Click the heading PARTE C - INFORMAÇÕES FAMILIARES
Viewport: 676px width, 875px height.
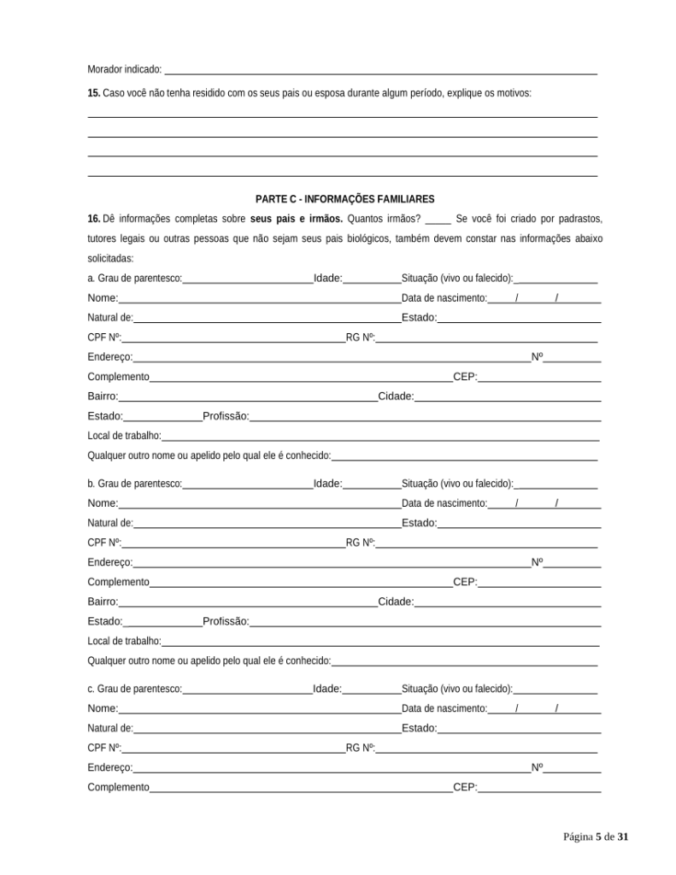(x=344, y=199)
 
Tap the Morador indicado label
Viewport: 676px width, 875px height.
(x=125, y=69)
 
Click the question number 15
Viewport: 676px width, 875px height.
(x=94, y=92)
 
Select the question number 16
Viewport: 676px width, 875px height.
(x=94, y=219)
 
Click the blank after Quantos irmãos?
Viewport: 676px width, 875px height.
(x=438, y=220)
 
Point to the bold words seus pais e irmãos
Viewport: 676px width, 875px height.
(x=297, y=219)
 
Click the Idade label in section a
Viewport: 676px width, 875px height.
(x=327, y=279)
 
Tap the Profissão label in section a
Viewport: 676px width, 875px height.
(x=226, y=416)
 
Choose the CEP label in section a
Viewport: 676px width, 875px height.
(x=465, y=377)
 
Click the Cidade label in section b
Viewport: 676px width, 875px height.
(x=396, y=602)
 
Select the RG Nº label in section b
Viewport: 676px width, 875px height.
(x=360, y=543)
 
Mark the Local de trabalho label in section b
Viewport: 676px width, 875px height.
(x=124, y=641)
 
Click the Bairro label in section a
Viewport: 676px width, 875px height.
(x=103, y=396)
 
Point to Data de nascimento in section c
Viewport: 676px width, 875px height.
(x=444, y=708)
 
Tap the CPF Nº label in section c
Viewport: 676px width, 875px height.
(x=104, y=748)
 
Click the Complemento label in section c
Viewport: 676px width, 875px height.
(x=118, y=787)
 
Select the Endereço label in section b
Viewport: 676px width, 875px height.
(x=109, y=563)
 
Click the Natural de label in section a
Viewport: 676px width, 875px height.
(x=109, y=318)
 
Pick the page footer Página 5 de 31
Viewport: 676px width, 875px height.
(x=596, y=837)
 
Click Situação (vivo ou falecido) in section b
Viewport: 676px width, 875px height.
(x=457, y=484)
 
